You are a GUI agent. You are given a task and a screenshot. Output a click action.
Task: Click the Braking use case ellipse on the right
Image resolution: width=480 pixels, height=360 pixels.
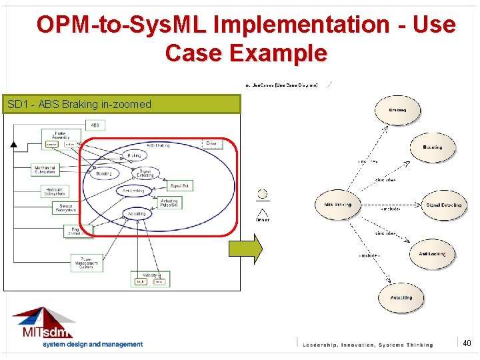coord(397,110)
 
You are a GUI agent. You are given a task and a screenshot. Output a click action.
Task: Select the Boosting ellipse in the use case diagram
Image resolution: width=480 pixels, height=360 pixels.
coord(432,147)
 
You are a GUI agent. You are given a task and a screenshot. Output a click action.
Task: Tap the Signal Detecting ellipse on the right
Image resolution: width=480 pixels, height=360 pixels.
coord(444,205)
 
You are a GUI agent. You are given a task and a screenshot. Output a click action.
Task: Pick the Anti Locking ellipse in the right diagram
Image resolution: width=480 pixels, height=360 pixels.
coord(432,254)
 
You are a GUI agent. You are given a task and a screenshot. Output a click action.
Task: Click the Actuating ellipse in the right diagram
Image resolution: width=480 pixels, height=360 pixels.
coord(401,298)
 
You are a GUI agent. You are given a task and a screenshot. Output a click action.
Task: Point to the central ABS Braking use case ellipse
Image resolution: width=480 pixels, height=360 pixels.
coord(337,205)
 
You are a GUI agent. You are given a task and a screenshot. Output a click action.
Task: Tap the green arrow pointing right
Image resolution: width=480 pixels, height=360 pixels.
coord(245,248)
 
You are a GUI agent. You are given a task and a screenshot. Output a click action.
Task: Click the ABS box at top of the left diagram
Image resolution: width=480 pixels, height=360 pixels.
coord(95,125)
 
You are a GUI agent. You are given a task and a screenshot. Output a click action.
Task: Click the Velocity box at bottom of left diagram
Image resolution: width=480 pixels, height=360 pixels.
coord(150,279)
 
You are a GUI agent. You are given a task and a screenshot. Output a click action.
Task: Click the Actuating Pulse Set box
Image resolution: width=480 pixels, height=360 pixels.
coord(170,203)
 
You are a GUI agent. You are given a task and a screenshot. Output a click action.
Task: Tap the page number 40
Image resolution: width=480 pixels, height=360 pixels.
coord(467,343)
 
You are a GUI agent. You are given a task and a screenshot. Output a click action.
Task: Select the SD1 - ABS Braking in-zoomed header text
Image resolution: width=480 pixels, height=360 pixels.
coord(79,104)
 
